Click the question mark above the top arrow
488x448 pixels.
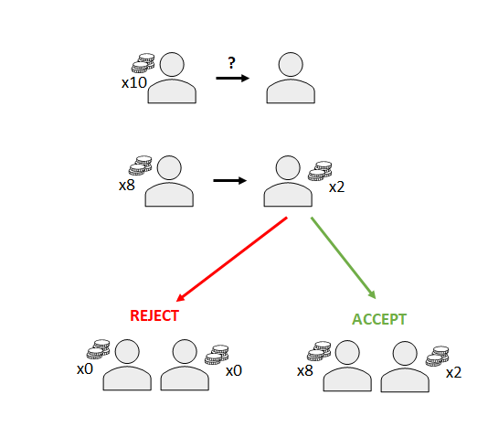[231, 63]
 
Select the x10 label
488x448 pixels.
[134, 83]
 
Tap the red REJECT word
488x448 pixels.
[154, 315]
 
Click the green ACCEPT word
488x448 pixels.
[379, 319]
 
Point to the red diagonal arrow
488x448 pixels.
[231, 260]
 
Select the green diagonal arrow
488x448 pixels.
[344, 258]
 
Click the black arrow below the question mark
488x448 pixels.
[233, 78]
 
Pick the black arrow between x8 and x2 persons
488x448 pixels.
[230, 180]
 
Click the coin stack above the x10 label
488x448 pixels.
[143, 63]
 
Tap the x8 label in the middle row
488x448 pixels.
[127, 186]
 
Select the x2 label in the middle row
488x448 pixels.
[337, 187]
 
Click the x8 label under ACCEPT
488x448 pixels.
[305, 371]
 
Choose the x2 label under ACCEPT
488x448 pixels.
[454, 373]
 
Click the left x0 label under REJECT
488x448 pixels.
[85, 369]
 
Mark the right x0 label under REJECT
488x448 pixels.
[234, 371]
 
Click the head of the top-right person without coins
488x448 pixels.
[291, 64]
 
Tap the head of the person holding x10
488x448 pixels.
[172, 64]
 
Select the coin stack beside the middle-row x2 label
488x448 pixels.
[320, 171]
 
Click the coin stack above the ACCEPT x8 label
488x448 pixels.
[319, 351]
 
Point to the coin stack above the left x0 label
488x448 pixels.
[99, 349]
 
